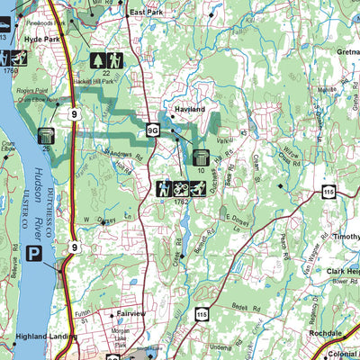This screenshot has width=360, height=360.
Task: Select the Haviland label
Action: pyautogui.click(x=187, y=110)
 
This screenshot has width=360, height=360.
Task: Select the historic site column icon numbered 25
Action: pyautogui.click(x=46, y=136)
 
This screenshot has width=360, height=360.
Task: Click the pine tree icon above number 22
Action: pyautogui.click(x=100, y=60)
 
